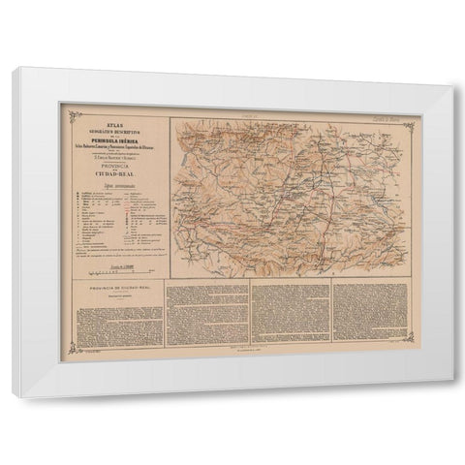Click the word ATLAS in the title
115,114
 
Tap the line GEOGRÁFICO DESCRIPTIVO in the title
115,120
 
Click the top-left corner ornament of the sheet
68,109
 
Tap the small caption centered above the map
287,115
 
